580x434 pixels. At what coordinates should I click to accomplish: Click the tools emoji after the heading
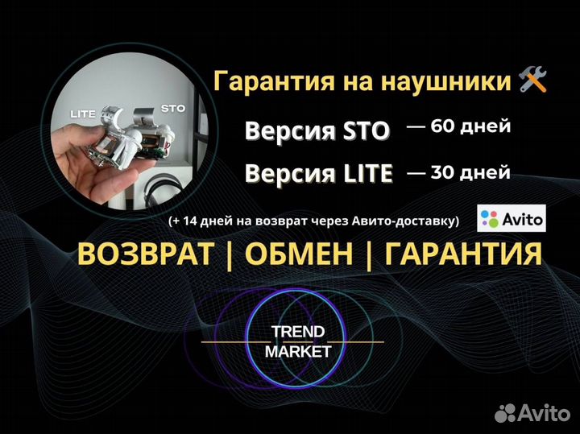click(x=533, y=81)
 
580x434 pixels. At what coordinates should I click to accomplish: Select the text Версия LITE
click(x=319, y=173)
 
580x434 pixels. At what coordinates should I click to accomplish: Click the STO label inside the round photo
click(x=173, y=106)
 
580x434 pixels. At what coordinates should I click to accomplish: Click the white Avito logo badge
click(x=512, y=218)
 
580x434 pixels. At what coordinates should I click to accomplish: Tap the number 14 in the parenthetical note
click(x=192, y=220)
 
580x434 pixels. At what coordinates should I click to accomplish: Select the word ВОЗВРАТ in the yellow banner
click(x=146, y=254)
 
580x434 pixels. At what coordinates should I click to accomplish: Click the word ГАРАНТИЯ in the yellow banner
click(x=462, y=254)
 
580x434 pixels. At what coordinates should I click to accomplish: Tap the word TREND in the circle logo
click(x=298, y=332)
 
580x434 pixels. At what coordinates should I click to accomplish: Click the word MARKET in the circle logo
click(x=298, y=352)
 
